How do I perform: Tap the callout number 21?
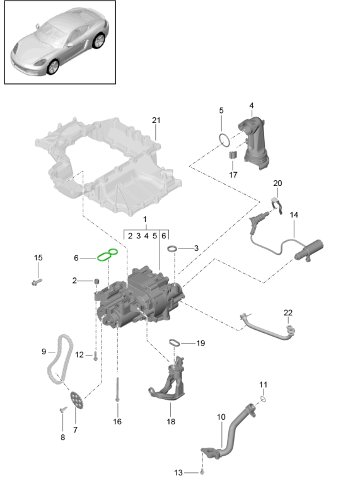tap(156, 120)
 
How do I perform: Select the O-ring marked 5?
tap(224, 140)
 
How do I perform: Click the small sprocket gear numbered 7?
tap(76, 400)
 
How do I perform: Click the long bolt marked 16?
tap(117, 390)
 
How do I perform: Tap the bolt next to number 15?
tap(37, 282)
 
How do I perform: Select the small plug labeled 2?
tap(96, 281)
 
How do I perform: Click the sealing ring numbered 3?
tap(172, 248)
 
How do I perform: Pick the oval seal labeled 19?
tap(175, 342)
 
